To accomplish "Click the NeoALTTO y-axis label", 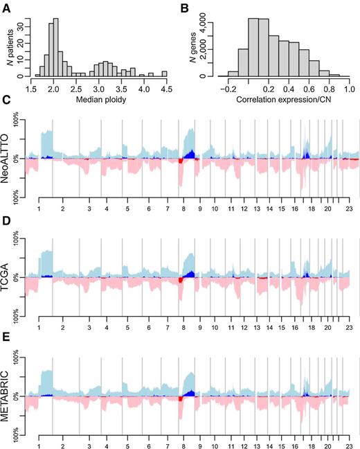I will pyautogui.click(x=9, y=158).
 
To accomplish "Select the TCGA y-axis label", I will pyautogui.click(x=9, y=276).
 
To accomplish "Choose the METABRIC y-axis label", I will pyautogui.click(x=9, y=396).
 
